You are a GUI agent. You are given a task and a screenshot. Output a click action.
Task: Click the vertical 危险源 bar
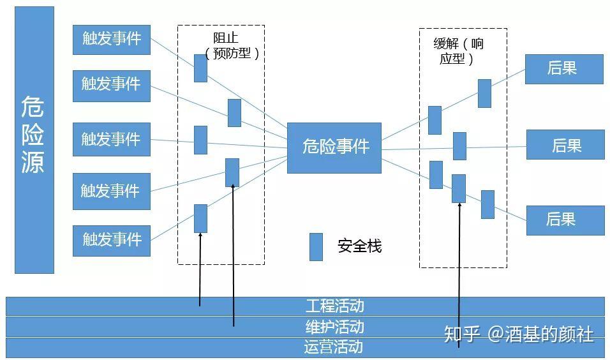coord(34,140)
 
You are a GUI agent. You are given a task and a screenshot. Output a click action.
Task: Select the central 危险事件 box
coord(334,147)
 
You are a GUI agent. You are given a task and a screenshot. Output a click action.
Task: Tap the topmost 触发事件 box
coord(112,39)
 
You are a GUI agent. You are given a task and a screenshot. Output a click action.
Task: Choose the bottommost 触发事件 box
coord(112,240)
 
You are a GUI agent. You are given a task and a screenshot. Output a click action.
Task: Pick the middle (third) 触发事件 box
coord(112,139)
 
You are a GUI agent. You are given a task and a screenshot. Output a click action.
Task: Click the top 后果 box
coord(563,69)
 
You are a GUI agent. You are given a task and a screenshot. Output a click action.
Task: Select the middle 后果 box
coord(565,145)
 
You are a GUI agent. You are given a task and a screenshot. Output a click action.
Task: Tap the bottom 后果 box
coord(565,220)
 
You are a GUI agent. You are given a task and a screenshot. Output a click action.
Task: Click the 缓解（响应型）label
coord(458,52)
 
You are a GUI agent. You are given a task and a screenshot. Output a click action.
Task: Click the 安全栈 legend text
coord(359,246)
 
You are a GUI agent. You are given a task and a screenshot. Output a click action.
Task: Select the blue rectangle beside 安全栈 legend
coord(316,246)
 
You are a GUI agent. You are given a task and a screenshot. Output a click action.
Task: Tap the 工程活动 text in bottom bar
coord(334,306)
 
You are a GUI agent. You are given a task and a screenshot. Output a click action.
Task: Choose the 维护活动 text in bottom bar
coord(334,327)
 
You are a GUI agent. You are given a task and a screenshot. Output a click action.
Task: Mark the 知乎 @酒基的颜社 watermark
coord(518,334)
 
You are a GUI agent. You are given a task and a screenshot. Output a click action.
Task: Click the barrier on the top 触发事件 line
coord(200,68)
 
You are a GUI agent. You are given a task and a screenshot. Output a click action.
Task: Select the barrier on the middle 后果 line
coord(459,146)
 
